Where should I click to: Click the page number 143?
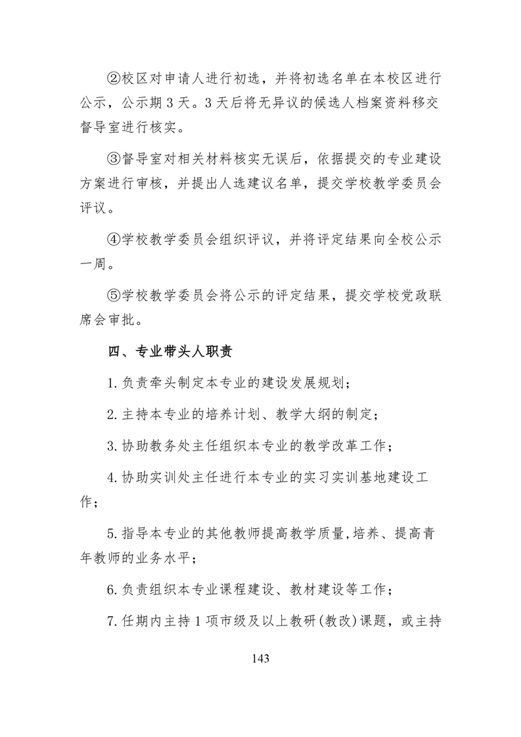(260, 658)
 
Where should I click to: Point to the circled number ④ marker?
(114, 240)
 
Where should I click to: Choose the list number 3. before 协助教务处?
(112, 447)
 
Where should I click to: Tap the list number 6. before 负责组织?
(112, 590)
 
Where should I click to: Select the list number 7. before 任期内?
(112, 621)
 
